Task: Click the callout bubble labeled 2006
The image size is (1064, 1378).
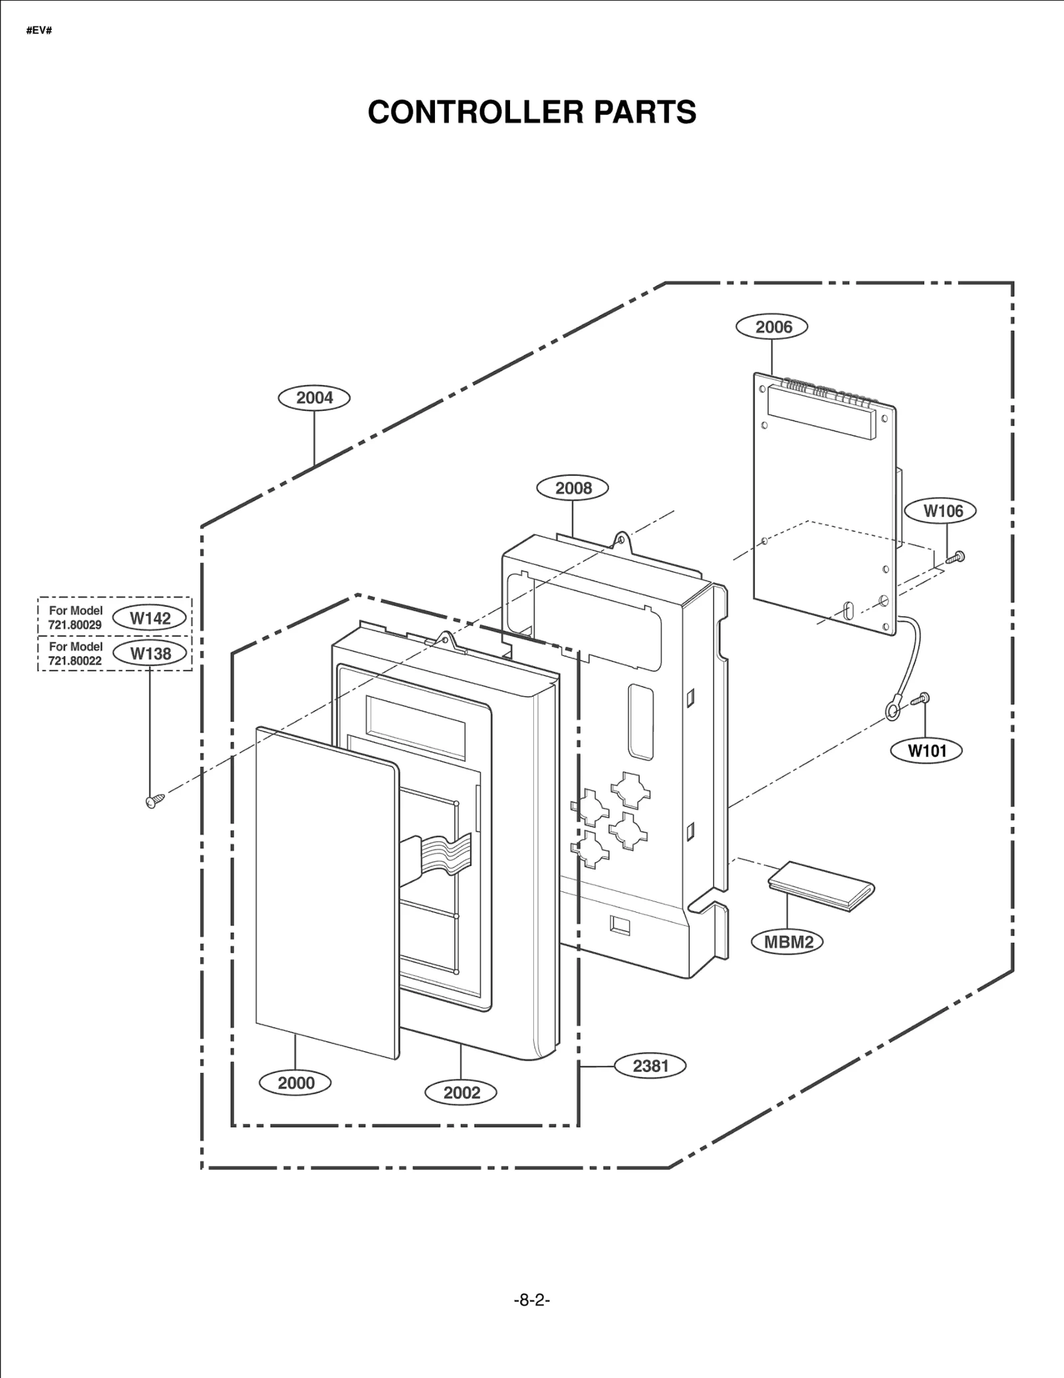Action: [772, 327]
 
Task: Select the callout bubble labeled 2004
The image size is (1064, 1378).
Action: [314, 398]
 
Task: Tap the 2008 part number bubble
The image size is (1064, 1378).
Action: [573, 488]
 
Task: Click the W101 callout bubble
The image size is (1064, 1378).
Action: [926, 751]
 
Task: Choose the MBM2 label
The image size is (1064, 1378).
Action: [787, 942]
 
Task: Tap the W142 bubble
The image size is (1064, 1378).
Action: [150, 618]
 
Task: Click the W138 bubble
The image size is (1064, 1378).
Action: [150, 653]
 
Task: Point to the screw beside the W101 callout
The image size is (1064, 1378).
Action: [922, 699]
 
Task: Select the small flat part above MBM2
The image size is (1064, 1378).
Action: [821, 886]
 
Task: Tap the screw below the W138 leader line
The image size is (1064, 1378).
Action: [154, 801]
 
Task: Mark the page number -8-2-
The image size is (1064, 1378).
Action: [531, 1300]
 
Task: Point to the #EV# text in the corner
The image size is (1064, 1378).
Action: [39, 31]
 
